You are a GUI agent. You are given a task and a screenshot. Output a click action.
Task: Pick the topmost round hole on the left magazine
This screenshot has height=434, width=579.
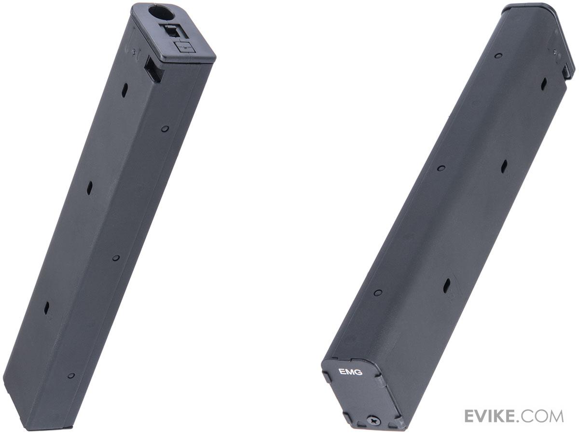coord(165,129)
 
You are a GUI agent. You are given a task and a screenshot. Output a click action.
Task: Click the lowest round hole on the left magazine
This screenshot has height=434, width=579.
coord(71,376)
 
